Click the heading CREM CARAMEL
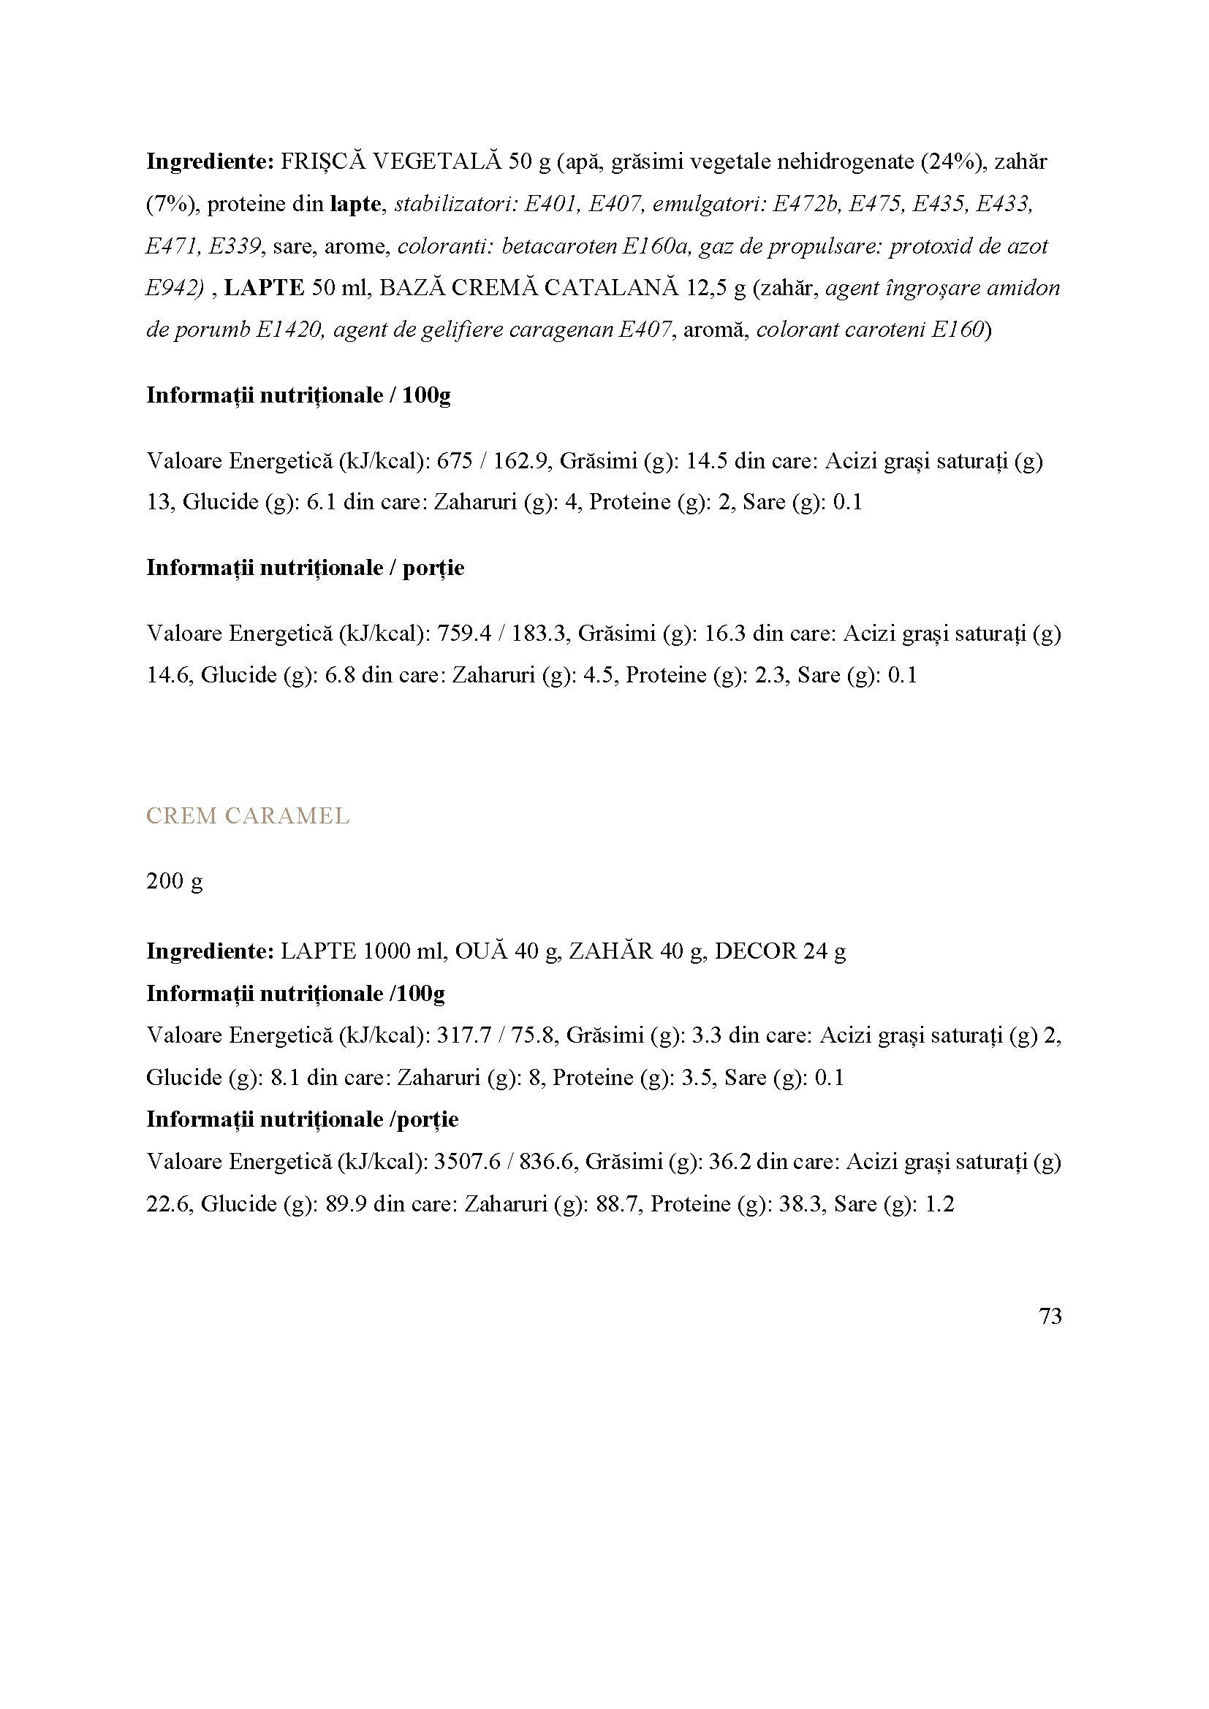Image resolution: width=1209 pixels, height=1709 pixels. click(x=247, y=817)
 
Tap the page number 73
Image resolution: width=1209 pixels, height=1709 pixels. click(x=1050, y=1317)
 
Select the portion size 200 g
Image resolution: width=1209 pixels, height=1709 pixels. click(x=174, y=881)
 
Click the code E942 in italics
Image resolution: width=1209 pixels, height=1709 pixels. click(x=171, y=288)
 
